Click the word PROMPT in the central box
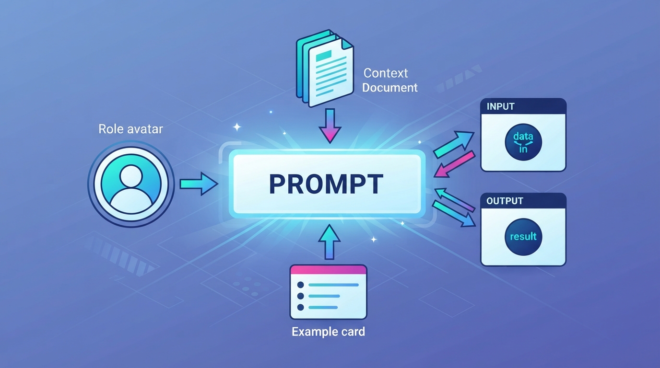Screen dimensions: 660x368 [x=326, y=184]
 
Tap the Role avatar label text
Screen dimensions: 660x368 [x=130, y=129]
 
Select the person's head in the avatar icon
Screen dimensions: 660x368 [x=131, y=176]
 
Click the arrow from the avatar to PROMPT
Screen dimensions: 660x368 [x=199, y=184]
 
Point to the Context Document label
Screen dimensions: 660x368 [x=389, y=80]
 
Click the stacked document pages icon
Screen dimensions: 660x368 [x=325, y=68]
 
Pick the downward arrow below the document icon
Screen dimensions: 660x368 [x=330, y=126]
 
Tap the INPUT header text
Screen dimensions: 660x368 [x=501, y=106]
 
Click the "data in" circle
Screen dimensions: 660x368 [x=523, y=142]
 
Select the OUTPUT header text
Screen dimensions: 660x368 [x=505, y=201]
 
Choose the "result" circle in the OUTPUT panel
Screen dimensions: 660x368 [x=523, y=237]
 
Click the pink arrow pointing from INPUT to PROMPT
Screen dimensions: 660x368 [x=454, y=164]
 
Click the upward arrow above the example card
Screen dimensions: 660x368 [x=330, y=242]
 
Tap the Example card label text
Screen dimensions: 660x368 [x=328, y=332]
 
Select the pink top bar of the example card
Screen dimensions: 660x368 [x=328, y=269]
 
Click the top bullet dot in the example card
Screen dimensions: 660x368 [x=301, y=285]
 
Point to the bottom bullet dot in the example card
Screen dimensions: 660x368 [x=301, y=307]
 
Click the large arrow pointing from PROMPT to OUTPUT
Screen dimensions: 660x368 [x=454, y=214]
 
